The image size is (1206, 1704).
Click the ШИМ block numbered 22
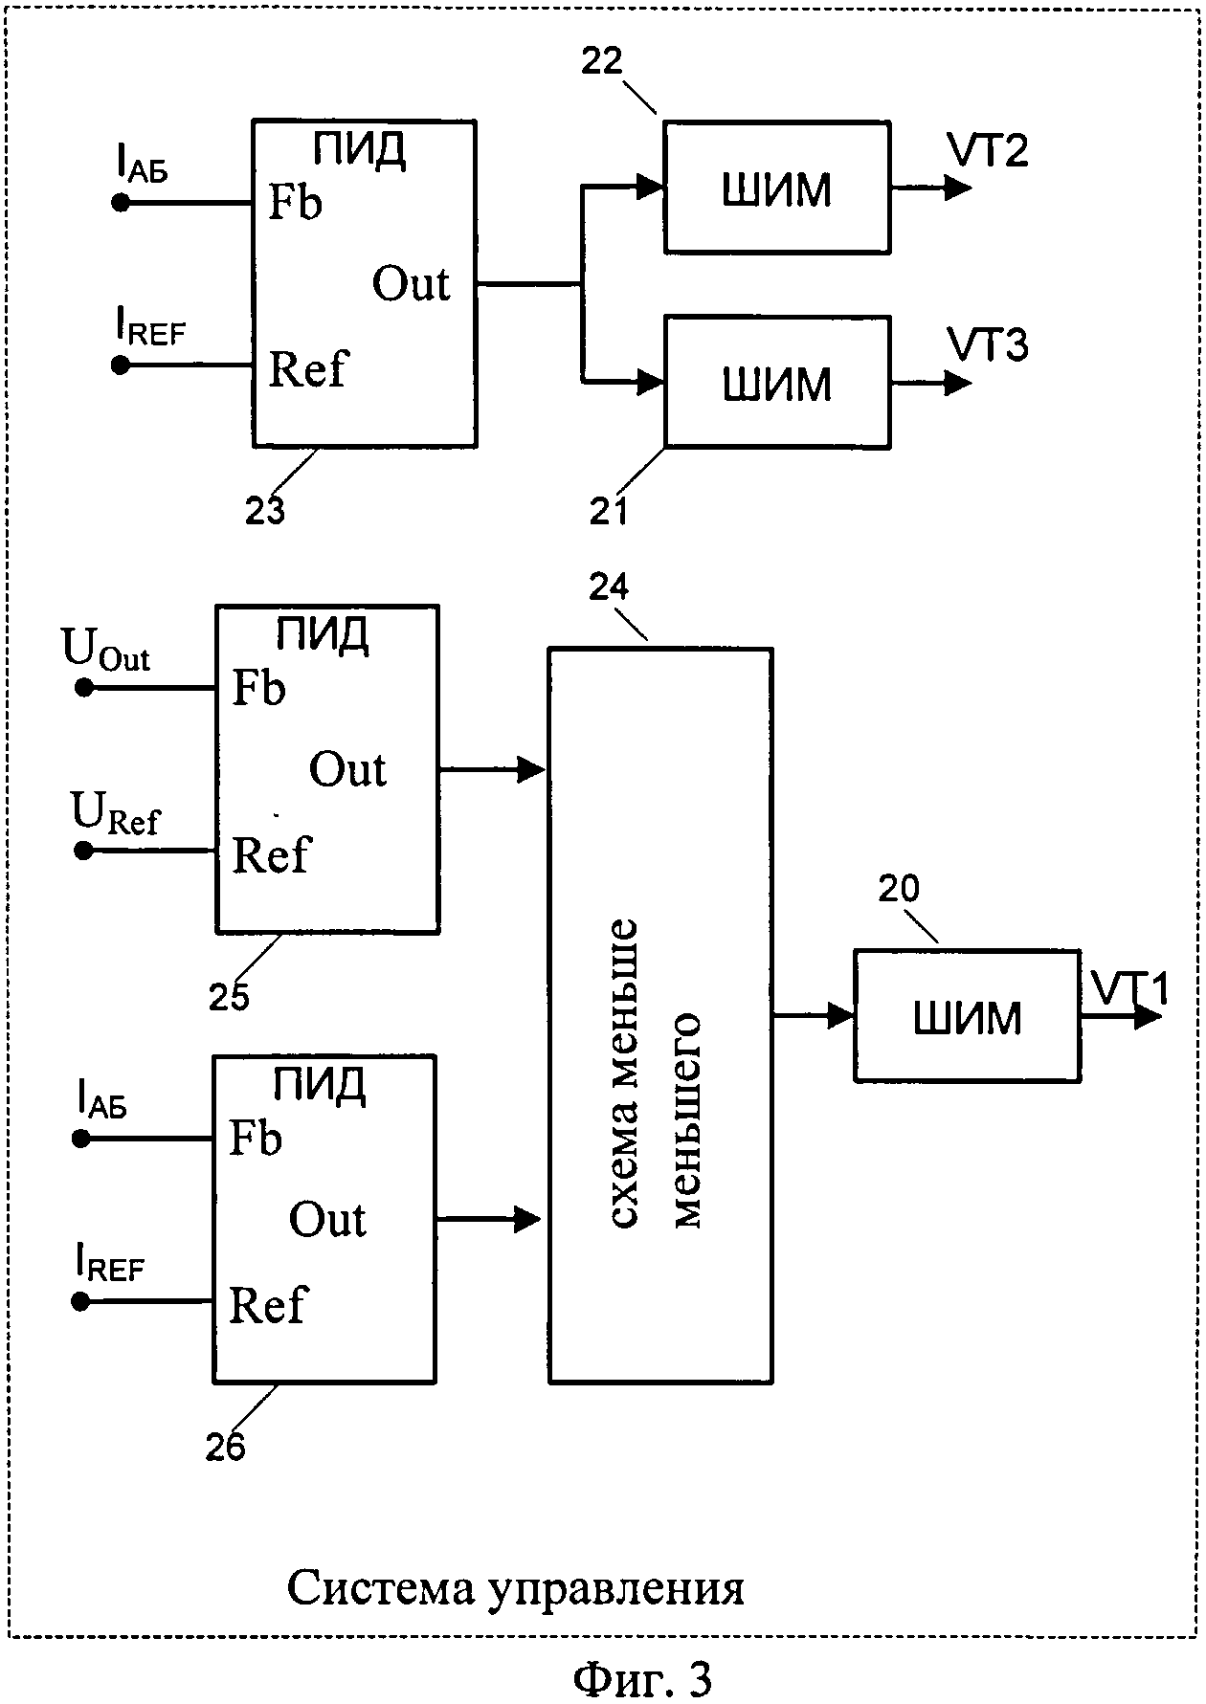[x=777, y=188]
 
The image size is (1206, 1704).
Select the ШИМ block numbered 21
[x=777, y=382]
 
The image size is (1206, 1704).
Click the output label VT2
[x=987, y=151]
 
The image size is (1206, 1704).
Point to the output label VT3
[x=987, y=344]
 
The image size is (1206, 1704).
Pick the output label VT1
[x=1129, y=988]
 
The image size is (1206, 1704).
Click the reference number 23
[x=265, y=511]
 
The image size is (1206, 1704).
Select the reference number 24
[x=609, y=586]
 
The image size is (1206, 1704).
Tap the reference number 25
[x=229, y=996]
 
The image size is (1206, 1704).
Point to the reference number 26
[x=226, y=1447]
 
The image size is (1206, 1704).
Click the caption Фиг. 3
[x=642, y=1678]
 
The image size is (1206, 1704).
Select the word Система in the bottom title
[x=380, y=1588]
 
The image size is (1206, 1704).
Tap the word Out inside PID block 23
[x=411, y=284]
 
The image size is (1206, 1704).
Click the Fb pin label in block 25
[x=258, y=687]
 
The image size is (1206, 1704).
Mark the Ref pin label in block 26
[x=267, y=1305]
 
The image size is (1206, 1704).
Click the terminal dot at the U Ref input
[x=83, y=850]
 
